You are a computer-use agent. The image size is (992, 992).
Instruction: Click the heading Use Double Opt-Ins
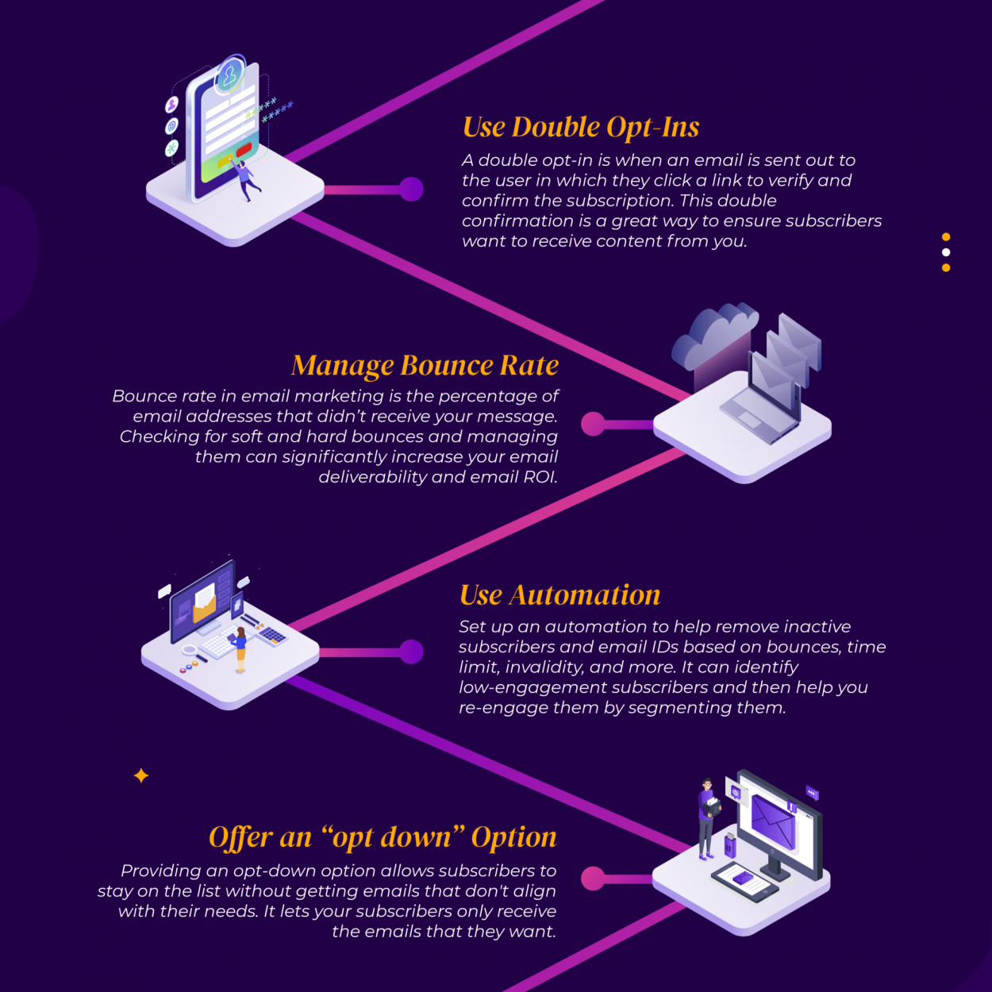pyautogui.click(x=581, y=127)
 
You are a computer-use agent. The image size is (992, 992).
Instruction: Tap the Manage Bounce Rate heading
pyautogui.click(x=425, y=365)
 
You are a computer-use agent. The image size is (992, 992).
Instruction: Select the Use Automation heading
pyautogui.click(x=559, y=595)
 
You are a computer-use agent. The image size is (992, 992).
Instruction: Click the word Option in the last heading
pyautogui.click(x=513, y=838)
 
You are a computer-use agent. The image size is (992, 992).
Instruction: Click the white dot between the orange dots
pyautogui.click(x=946, y=252)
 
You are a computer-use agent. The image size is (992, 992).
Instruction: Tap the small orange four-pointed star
pyautogui.click(x=141, y=775)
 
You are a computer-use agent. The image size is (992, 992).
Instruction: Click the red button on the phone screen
pyautogui.click(x=244, y=150)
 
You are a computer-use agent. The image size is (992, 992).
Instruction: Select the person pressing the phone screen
pyautogui.click(x=245, y=179)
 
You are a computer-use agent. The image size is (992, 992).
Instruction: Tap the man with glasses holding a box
pyautogui.click(x=708, y=818)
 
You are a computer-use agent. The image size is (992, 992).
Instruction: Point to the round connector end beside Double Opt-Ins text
pyautogui.click(x=411, y=189)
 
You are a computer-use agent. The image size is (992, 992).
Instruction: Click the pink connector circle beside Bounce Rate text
pyautogui.click(x=593, y=424)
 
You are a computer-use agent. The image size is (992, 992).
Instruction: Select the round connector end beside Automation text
pyautogui.click(x=411, y=652)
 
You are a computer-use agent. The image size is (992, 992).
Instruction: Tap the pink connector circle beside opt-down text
pyautogui.click(x=593, y=879)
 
